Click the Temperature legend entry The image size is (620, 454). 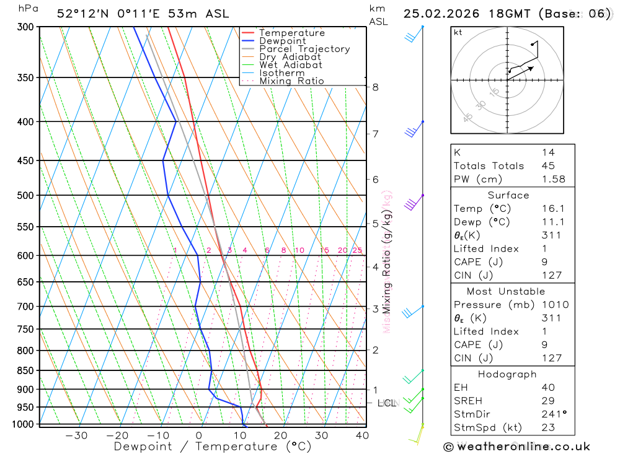tap(291, 33)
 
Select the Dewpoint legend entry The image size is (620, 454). tap(282, 41)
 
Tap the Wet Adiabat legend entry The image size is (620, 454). tap(290, 65)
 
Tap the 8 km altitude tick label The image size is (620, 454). tap(376, 87)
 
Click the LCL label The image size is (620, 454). tap(387, 403)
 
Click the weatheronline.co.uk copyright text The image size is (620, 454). tap(516, 447)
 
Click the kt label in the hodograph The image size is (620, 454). tap(458, 32)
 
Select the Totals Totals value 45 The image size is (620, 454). tap(548, 165)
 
